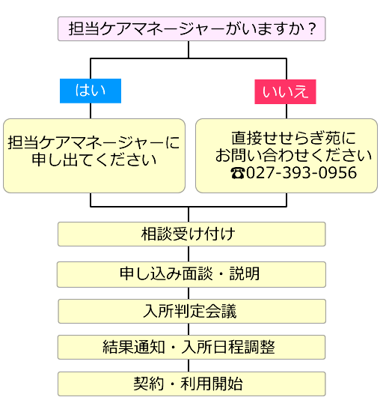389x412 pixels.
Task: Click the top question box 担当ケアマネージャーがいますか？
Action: [x=191, y=29]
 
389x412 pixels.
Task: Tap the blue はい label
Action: [x=91, y=91]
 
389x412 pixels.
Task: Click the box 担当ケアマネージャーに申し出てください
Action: [x=94, y=155]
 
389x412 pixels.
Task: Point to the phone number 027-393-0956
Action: [x=301, y=173]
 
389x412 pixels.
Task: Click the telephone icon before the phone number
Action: [x=237, y=174]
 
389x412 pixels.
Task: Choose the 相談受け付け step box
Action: [x=191, y=234]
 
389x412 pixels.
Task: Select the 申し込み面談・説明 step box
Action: [x=191, y=273]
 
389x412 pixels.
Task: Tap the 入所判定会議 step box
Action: [x=191, y=311]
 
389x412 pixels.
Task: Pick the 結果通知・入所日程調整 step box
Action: [x=191, y=347]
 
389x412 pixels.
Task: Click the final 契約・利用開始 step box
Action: [x=191, y=384]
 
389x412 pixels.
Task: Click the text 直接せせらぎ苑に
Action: [x=293, y=139]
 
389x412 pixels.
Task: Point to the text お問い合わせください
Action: [x=293, y=156]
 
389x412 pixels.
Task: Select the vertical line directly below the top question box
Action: [x=189, y=49]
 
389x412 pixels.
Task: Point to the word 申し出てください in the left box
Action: [x=94, y=160]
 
